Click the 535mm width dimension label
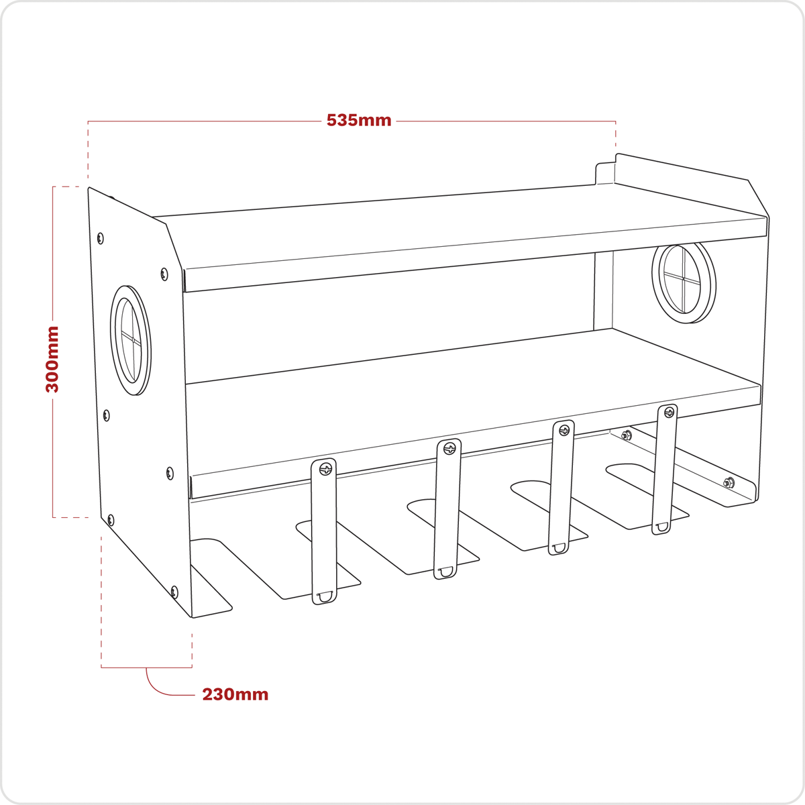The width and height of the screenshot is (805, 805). [359, 121]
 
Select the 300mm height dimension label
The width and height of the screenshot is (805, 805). [52, 359]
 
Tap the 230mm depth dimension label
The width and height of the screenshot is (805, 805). [235, 694]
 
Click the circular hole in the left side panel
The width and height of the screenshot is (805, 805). [131, 340]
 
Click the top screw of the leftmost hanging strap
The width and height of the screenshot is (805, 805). [326, 469]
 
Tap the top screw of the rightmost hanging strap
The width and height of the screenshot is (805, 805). [669, 413]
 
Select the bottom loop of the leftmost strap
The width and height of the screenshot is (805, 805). [324, 596]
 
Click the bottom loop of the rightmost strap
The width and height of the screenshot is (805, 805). [661, 527]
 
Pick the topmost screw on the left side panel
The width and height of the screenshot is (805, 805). [101, 237]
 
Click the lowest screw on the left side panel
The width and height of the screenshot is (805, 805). [174, 592]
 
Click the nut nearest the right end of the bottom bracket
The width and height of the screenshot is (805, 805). [729, 482]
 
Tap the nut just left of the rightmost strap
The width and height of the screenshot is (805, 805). [626, 436]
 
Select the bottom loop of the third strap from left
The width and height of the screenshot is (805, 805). [558, 548]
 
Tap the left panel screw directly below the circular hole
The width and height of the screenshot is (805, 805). [107, 416]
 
